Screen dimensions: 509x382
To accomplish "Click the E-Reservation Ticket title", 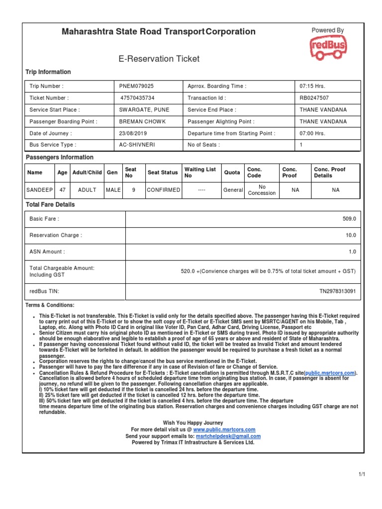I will click(159, 59).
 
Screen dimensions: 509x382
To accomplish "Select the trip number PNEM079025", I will click(136, 86).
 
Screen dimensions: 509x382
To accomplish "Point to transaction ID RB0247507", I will click(314, 98).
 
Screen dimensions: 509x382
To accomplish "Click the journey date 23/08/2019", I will click(133, 133).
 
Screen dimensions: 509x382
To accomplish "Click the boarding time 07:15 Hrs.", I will click(312, 86).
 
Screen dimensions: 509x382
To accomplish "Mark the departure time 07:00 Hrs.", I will click(312, 133).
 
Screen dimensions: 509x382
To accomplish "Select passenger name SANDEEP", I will click(40, 190).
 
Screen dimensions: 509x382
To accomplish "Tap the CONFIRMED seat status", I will click(163, 190).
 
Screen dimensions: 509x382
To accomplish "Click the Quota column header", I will click(231, 172).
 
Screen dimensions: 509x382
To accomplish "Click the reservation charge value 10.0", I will click(351, 235).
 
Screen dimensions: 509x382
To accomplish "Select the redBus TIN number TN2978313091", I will click(337, 291).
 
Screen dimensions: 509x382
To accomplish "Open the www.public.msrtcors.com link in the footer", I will click(224, 429).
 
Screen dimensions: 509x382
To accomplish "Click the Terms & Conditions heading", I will click(50, 305).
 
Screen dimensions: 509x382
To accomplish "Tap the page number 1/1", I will click(362, 475).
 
